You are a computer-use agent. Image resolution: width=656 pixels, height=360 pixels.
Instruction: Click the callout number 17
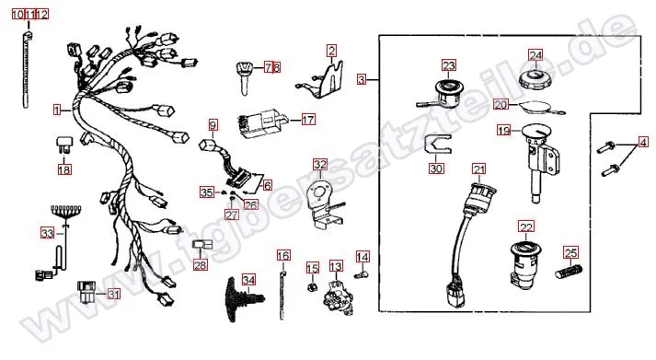click(x=308, y=120)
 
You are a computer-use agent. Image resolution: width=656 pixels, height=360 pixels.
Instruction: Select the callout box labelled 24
click(x=535, y=55)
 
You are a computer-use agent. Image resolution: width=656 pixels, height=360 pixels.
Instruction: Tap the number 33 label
click(x=47, y=233)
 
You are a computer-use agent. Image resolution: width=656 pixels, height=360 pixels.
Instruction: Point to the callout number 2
click(x=331, y=51)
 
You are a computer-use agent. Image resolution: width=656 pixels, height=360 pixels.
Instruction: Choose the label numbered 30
click(x=436, y=168)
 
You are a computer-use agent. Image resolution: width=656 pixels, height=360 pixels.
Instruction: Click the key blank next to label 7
click(x=245, y=77)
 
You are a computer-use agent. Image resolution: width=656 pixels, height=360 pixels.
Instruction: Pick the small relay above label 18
click(x=63, y=145)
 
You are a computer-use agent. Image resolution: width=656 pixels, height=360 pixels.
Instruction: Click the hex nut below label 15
click(x=312, y=286)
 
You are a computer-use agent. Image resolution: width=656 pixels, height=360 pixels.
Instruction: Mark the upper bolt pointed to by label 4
click(x=606, y=147)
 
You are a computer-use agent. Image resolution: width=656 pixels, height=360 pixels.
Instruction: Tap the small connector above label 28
click(x=201, y=245)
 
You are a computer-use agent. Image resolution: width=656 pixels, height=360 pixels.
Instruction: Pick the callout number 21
click(x=479, y=169)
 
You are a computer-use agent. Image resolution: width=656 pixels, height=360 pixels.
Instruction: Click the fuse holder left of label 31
click(x=87, y=292)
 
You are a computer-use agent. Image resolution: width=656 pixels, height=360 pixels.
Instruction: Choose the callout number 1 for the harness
click(x=57, y=110)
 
